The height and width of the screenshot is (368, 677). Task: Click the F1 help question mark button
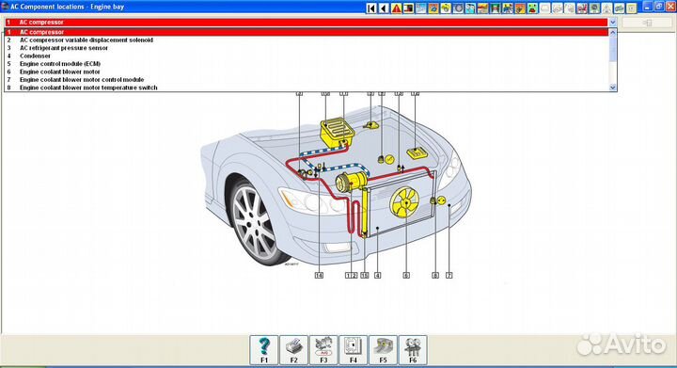coord(265,347)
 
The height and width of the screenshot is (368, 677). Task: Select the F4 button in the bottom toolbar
coord(353,347)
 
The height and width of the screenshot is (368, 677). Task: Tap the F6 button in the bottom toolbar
coord(412,347)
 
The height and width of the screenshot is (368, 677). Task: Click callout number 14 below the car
coord(319,275)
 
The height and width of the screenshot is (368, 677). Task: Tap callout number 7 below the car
coord(449,275)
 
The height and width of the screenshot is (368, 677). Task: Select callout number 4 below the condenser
coord(377,275)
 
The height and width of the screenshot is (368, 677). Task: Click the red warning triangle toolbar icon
coord(397,8)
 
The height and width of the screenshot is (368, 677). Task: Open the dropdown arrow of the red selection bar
coord(613,21)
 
